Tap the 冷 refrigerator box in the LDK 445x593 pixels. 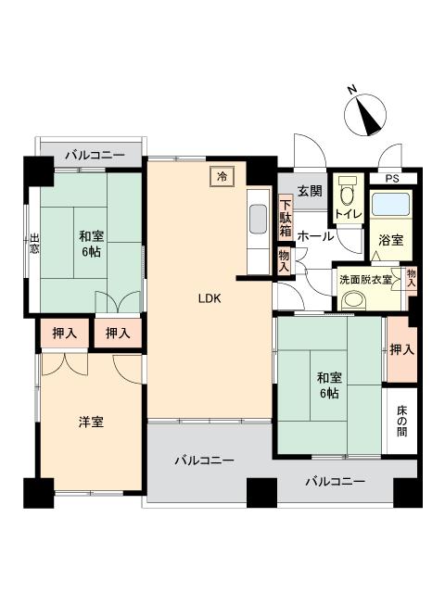[222, 176]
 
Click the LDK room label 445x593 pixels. [208, 298]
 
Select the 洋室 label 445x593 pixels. [90, 423]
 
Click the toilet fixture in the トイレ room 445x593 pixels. [349, 196]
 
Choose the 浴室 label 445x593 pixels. [389, 240]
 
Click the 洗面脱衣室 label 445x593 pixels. [363, 278]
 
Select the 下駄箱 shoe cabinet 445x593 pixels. [286, 218]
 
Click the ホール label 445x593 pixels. [315, 236]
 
